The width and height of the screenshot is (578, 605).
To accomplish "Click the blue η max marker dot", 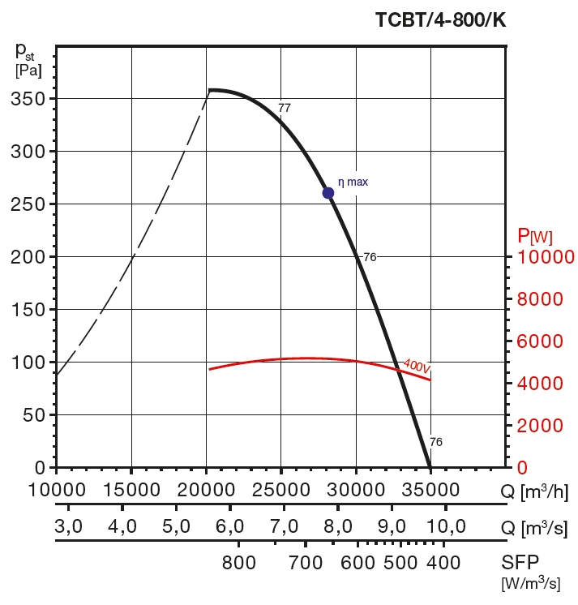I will (x=328, y=193).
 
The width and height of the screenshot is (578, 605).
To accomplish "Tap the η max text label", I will (x=353, y=182).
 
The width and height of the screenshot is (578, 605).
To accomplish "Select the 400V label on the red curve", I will (x=416, y=367).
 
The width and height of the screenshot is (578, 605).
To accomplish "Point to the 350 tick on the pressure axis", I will (x=30, y=99).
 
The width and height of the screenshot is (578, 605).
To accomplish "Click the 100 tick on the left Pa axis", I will (x=30, y=363).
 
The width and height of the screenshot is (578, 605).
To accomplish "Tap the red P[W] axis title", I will (x=535, y=236).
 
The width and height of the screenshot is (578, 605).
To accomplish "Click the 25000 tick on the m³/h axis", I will (x=280, y=491).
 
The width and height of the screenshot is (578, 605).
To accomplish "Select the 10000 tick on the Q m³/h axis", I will (x=57, y=491).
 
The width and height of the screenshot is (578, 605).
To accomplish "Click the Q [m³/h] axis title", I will (x=534, y=491).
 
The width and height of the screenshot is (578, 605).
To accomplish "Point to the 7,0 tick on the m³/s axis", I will (x=284, y=527).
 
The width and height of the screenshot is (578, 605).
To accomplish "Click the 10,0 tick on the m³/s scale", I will (x=446, y=527).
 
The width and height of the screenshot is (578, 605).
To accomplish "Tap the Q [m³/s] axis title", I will (x=534, y=527).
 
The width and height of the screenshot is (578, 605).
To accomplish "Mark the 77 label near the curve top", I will (x=284, y=107).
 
